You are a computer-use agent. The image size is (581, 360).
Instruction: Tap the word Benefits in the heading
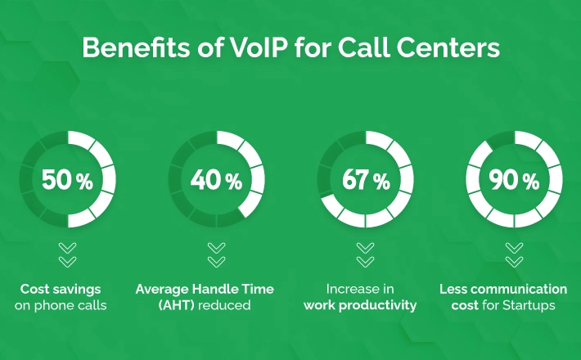pos(136,47)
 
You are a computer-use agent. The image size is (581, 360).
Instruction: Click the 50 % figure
pos(67,180)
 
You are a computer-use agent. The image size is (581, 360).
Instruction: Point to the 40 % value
pos(216,180)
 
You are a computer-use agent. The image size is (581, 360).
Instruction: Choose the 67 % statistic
pos(366,180)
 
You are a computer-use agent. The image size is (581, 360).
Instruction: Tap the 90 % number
pos(514,180)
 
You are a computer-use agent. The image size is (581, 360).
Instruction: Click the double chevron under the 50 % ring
pos(67,254)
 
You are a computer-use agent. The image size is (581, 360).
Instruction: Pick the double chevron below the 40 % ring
pos(216,254)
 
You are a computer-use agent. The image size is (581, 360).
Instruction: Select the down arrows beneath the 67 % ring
pos(365,254)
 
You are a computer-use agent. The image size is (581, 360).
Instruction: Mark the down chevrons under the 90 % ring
pos(514,254)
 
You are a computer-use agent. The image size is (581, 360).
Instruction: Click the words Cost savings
pos(61,289)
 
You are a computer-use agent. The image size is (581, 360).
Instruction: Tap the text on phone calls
pos(61,305)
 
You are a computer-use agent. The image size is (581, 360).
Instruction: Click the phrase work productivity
pos(360,305)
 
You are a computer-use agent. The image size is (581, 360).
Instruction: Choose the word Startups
pos(529,305)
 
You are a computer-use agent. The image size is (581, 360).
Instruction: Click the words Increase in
pos(360,289)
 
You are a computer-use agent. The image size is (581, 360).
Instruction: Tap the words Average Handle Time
pos(205,289)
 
